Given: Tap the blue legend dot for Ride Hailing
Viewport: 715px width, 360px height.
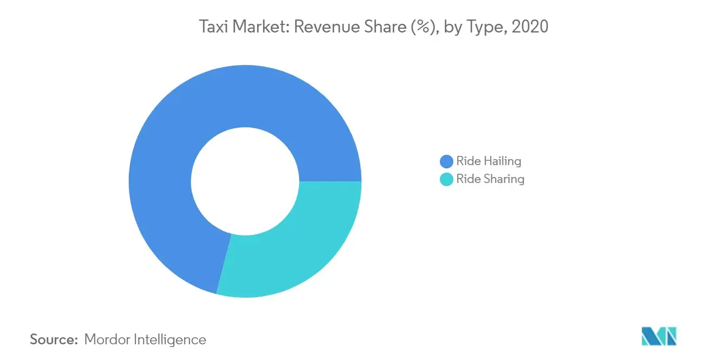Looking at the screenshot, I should [x=446, y=161].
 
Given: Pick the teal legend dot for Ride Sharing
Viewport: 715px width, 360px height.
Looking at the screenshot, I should [x=446, y=179].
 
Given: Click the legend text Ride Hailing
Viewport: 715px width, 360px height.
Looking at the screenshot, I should [x=488, y=161].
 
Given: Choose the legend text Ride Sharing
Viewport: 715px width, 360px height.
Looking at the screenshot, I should [x=490, y=179].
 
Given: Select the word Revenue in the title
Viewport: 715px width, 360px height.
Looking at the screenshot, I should [x=323, y=27].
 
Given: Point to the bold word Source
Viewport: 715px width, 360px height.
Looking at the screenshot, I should [x=54, y=339].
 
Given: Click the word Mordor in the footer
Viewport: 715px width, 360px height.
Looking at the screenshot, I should [x=107, y=339].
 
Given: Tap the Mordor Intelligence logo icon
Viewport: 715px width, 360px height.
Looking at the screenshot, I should [x=659, y=336].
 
